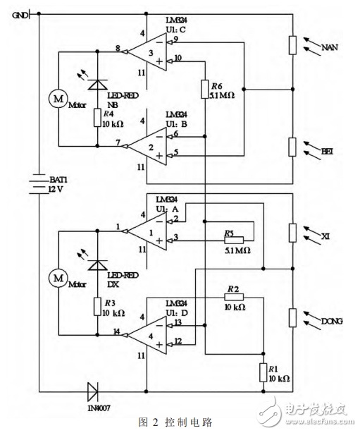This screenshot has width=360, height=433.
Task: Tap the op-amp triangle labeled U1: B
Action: (149, 146)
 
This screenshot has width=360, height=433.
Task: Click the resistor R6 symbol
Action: (204, 90)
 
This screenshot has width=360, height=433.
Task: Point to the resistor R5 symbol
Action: (235, 240)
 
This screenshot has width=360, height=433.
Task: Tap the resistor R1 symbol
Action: (263, 372)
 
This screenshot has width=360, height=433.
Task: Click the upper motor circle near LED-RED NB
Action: (56, 99)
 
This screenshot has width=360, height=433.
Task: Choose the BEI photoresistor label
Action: (328, 150)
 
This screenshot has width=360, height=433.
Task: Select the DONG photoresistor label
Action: (331, 321)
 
